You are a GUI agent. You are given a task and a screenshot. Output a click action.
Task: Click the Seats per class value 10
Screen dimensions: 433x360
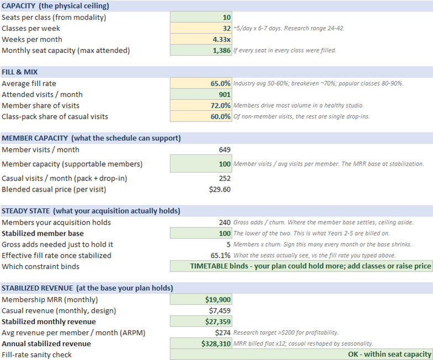226,18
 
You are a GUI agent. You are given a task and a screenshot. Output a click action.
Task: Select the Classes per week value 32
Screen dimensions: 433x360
226,29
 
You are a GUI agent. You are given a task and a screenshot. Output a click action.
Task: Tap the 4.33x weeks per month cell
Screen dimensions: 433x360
221,40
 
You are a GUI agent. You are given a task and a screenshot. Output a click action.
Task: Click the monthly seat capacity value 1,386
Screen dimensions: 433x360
221,51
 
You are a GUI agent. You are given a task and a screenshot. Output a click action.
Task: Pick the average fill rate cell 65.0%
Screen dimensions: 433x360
220,83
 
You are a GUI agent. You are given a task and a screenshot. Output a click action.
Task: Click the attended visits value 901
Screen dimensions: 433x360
224,95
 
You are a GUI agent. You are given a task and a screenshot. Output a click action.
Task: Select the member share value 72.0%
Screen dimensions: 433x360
220,106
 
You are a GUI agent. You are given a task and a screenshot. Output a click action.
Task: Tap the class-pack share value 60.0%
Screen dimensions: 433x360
220,117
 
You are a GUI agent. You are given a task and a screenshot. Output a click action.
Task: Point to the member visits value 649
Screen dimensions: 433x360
224,150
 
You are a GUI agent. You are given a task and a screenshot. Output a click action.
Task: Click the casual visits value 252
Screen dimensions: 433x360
224,179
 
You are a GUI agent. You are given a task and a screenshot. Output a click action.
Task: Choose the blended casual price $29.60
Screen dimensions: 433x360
220,190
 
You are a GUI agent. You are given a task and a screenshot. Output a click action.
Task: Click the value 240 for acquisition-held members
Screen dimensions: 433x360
224,223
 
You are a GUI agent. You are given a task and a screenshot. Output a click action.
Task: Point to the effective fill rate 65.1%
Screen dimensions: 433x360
220,256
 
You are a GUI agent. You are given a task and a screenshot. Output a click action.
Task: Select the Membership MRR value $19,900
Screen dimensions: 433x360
218,300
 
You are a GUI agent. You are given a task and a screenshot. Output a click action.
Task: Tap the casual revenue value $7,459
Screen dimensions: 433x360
220,311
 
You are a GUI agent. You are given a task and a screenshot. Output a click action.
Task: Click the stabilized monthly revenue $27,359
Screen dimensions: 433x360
218,322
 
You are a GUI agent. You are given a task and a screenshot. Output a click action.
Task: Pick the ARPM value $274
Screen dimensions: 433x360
223,333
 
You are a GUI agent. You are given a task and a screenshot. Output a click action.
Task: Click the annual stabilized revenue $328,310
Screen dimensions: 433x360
215,344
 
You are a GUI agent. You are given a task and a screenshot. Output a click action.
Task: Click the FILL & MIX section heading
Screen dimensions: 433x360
20,72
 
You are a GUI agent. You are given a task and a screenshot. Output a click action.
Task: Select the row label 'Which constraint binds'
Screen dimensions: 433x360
40,267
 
